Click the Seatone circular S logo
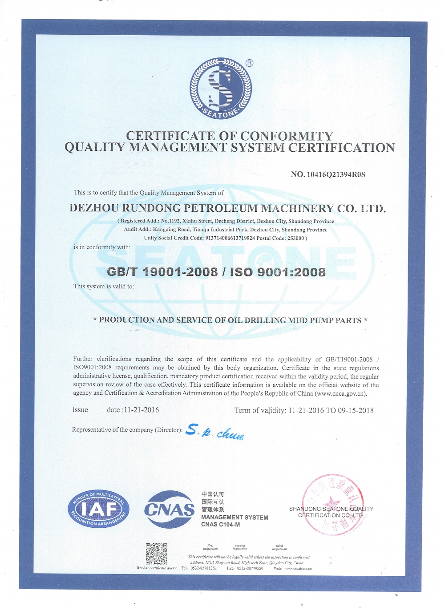221,89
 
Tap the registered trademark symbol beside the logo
249,63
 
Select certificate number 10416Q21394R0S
336,174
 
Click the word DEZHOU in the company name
94,208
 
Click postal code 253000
295,238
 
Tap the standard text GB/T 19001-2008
162,272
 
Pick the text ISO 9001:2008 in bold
278,272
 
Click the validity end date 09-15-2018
356,410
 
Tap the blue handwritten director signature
214,431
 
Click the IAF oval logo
99,510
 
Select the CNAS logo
170,509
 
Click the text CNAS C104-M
220,525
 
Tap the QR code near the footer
156,554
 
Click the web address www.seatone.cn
299,568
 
